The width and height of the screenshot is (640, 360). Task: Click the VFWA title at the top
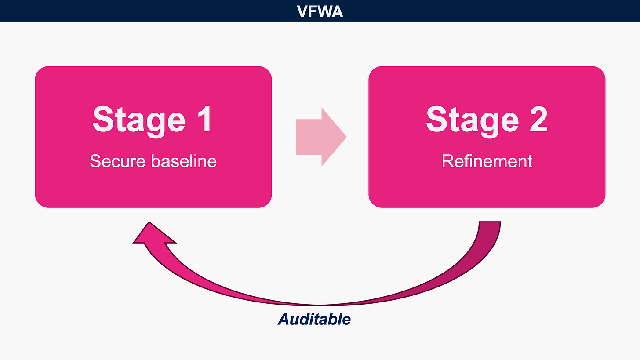pos(320,11)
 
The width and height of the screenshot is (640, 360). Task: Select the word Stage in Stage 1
pos(139,119)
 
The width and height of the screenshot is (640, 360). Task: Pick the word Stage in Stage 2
pos(473,119)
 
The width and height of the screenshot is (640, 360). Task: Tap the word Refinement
pos(487,161)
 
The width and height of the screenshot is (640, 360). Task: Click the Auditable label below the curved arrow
pos(314,319)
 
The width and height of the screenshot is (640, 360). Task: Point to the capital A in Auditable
pos(284,319)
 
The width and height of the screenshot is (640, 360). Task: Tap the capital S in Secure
pos(95,161)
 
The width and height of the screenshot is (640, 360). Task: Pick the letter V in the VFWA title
pos(303,11)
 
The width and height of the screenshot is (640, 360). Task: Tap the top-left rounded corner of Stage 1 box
pos(40,72)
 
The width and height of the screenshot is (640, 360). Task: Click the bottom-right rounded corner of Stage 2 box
pos(600,202)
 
